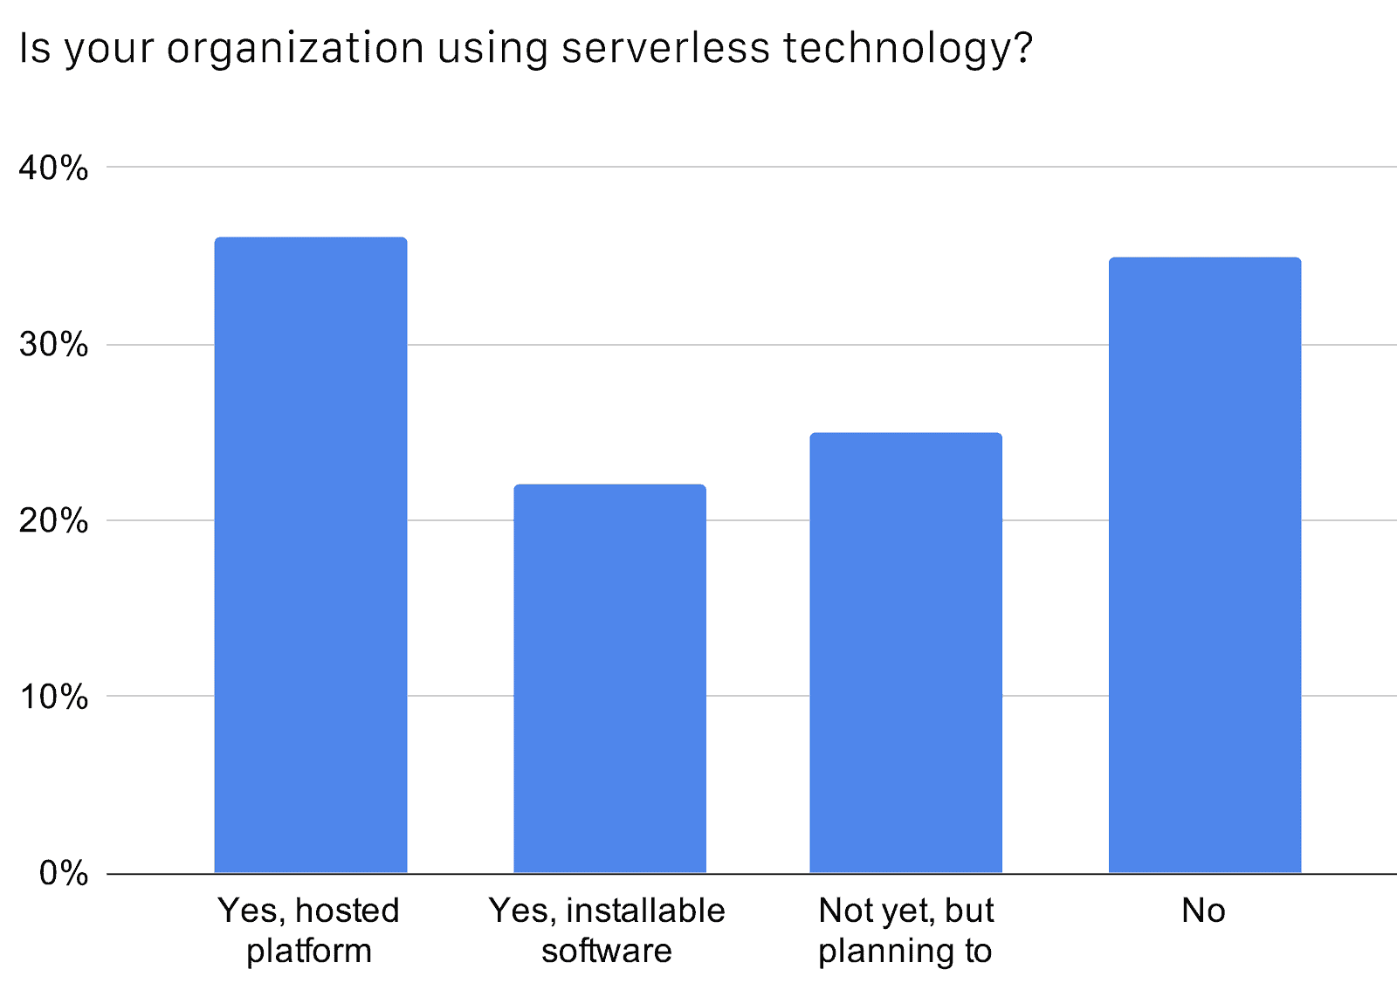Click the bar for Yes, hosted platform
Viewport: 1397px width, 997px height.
point(310,555)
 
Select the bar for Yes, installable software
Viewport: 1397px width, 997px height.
point(609,678)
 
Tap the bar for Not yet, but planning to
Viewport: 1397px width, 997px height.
point(905,653)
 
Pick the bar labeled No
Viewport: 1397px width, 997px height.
point(1204,565)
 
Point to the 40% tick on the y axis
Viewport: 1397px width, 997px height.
point(53,168)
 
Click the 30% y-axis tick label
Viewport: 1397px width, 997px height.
point(53,345)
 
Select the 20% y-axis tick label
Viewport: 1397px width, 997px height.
point(53,521)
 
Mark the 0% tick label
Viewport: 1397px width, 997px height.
point(63,873)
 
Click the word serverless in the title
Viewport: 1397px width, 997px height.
point(665,47)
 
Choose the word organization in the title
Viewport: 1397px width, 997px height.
point(295,49)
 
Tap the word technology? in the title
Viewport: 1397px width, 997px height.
point(908,49)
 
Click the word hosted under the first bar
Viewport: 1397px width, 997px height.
point(348,911)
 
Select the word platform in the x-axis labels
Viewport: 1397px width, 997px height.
point(309,951)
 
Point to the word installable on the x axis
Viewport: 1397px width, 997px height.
point(645,911)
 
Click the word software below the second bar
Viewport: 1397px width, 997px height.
point(607,950)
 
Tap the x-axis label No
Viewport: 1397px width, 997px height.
point(1203,911)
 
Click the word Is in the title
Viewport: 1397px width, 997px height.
point(35,47)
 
